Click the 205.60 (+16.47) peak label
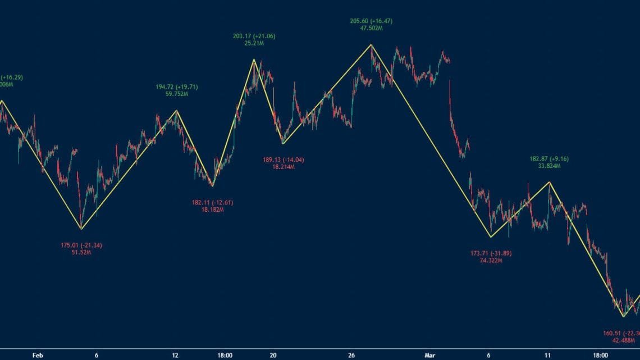(371, 21)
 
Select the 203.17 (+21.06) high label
(254, 37)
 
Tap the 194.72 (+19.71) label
(177, 87)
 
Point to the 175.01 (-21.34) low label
(81, 245)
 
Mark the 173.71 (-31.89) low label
(491, 253)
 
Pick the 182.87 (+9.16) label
(549, 159)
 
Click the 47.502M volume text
(371, 28)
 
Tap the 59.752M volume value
(177, 94)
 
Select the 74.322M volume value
(491, 261)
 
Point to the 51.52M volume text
(81, 252)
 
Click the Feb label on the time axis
(38, 355)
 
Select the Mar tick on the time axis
(429, 355)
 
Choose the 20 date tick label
(273, 355)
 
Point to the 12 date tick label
(175, 355)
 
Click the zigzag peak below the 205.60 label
(371, 44)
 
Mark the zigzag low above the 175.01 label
(81, 229)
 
